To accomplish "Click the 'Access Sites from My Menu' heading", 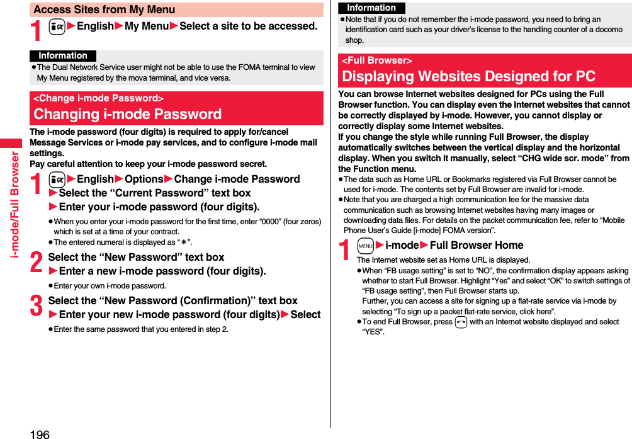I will click(x=104, y=9).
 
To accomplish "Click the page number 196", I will click(x=39, y=433).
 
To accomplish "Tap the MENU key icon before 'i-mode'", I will click(x=365, y=246).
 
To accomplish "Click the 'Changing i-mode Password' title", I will click(x=128, y=114).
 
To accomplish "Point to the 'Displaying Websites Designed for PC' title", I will click(x=468, y=77).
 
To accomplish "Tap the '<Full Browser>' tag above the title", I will click(x=377, y=60).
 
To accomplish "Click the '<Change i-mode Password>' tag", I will click(x=99, y=98).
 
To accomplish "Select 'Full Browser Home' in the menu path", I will click(x=477, y=245).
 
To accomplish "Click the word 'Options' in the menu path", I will click(x=144, y=179).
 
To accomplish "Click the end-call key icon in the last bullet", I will click(x=461, y=322).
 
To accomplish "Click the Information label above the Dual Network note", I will click(x=63, y=56).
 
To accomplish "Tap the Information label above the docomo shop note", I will click(x=371, y=8).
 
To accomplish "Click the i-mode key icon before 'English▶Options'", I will click(x=55, y=180).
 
